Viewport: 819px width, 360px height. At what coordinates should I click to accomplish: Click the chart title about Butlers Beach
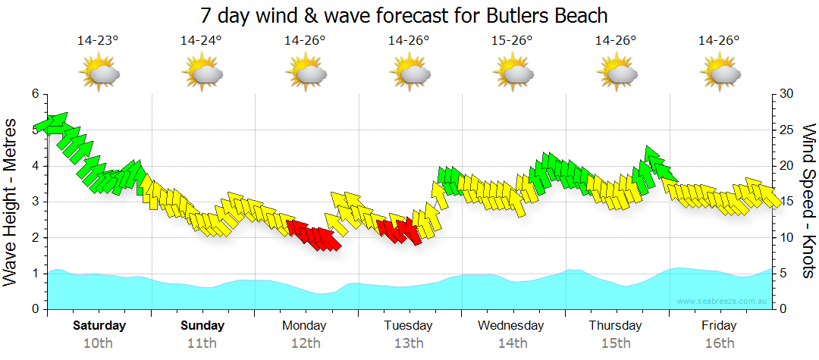coord(405,15)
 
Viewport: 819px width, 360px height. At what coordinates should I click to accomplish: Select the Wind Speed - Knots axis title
coord(808,200)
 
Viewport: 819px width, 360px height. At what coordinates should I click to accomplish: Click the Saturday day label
coord(99,326)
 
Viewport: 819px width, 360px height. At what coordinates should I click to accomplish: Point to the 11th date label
coord(202,343)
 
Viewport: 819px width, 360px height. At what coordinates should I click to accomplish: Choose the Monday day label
coord(305,326)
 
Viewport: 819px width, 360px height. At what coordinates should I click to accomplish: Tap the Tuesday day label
coord(408,326)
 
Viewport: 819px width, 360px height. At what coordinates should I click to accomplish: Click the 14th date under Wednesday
coord(512,343)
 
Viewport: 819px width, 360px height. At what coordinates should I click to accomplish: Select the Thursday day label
coord(615,326)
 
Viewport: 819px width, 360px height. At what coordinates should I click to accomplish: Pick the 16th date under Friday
coord(719,343)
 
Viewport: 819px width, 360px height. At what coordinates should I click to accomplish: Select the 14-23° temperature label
coord(98,40)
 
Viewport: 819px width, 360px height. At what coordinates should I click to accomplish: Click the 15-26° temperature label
coord(512,40)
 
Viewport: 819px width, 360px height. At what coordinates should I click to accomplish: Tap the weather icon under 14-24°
coord(202,73)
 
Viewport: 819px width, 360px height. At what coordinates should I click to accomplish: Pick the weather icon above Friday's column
coord(720,73)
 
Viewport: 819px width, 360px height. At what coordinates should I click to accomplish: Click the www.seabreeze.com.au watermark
coord(723,301)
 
